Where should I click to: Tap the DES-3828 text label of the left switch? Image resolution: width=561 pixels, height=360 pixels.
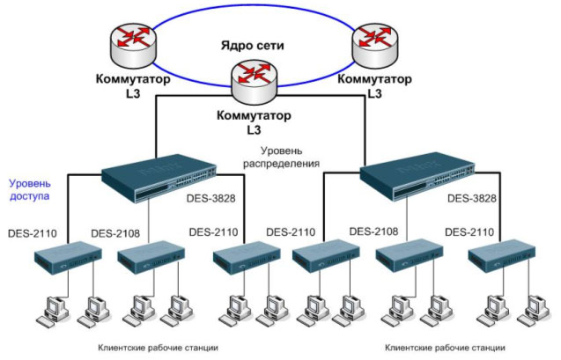(211, 200)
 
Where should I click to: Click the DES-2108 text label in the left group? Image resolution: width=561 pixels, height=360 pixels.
(116, 233)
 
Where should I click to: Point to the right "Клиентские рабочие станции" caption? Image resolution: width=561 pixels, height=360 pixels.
(447, 348)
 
